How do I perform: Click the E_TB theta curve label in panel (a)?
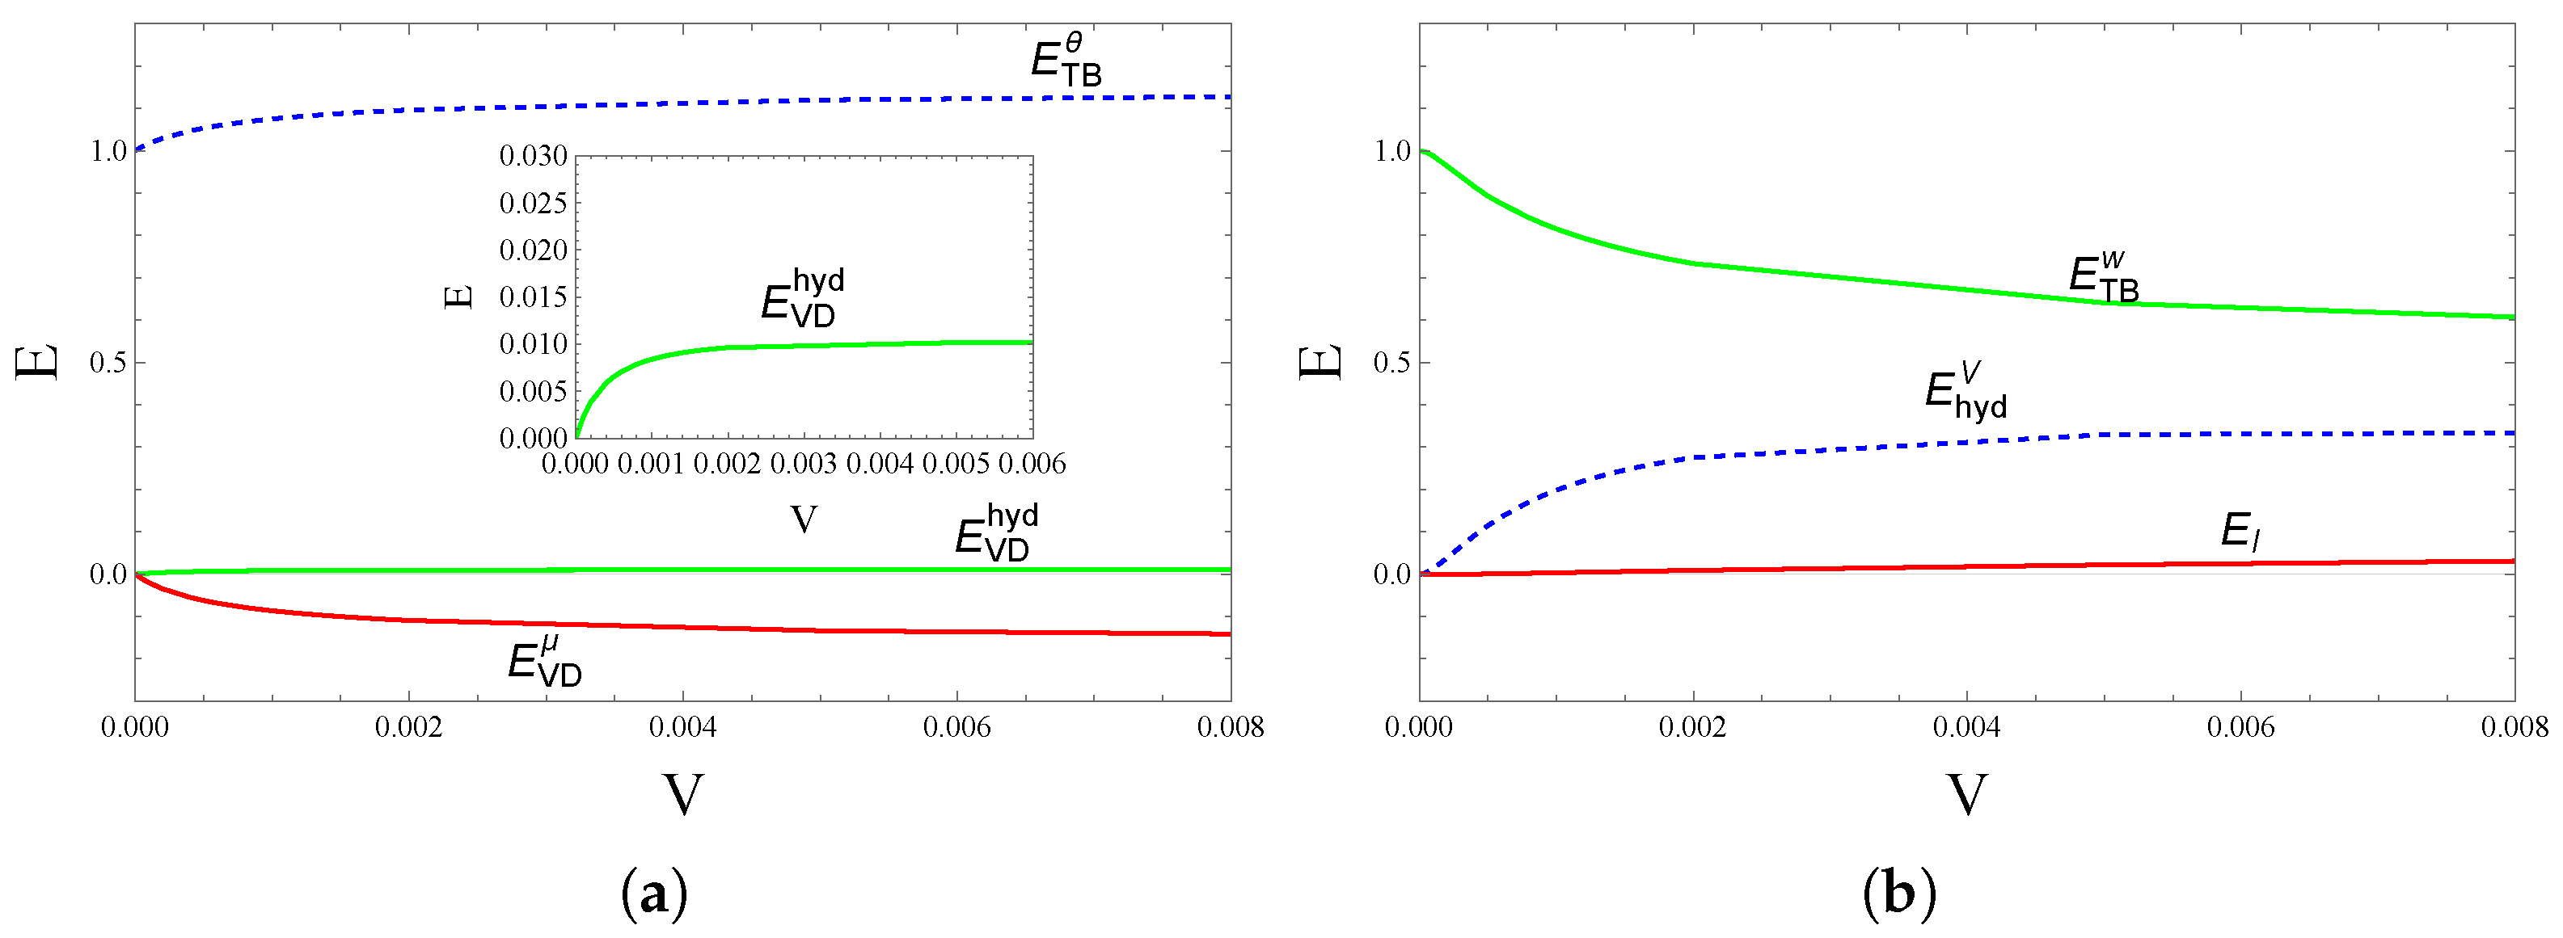[1066, 61]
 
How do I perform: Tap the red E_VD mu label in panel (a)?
[544, 662]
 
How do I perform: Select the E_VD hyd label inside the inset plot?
[803, 297]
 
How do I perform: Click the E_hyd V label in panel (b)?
[1965, 391]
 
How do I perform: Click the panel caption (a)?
[653, 894]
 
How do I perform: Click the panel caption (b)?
[1898, 894]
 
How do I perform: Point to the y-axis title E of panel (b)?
[1320, 362]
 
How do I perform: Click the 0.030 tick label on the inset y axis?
[534, 155]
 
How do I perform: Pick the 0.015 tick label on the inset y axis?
[534, 297]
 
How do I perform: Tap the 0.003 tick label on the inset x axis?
[804, 464]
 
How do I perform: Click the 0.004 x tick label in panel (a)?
[682, 727]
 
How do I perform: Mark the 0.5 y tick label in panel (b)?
[1392, 362]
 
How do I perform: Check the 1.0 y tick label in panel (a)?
[108, 151]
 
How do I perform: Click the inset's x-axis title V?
[804, 519]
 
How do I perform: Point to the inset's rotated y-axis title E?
[458, 297]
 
